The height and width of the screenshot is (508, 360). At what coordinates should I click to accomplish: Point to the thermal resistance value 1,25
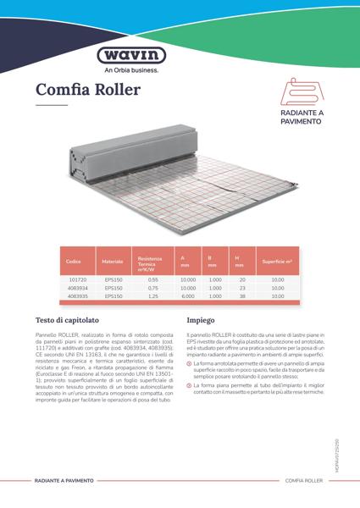point(153,296)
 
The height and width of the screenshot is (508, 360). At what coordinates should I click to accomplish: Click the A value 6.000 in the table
point(188,296)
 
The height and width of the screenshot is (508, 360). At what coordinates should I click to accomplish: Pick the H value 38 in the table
point(241,296)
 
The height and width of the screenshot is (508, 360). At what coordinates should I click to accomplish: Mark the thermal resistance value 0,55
point(153,279)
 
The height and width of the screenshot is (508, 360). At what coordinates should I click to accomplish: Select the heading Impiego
point(201,322)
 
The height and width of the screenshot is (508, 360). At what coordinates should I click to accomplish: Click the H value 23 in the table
point(241,288)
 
